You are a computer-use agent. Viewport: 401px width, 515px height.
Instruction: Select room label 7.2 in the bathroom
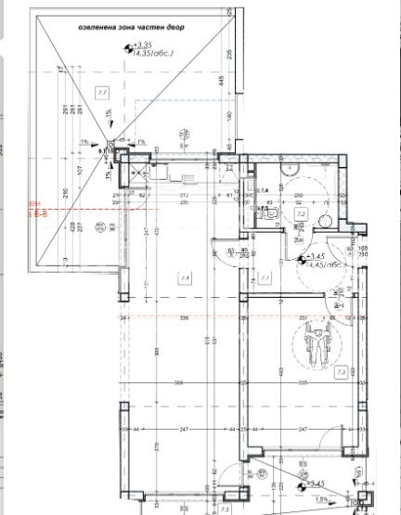point(301,213)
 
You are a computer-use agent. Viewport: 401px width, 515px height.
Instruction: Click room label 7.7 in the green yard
point(102,92)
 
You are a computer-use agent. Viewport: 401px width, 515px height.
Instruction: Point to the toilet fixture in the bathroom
point(271,213)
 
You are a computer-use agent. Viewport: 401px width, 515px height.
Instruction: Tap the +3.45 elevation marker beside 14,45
point(316,256)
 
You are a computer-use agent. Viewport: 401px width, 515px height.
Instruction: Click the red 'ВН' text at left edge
point(36,202)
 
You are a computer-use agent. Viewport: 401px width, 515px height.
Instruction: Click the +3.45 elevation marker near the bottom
point(316,483)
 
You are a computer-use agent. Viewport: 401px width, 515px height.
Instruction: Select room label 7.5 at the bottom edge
point(224,509)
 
